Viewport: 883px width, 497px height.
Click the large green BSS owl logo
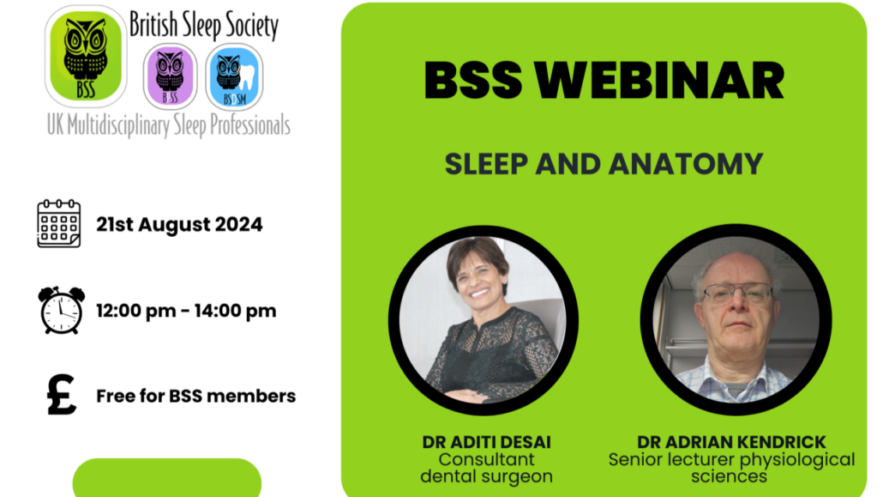pyautogui.click(x=86, y=57)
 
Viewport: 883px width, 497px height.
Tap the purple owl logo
pyautogui.click(x=170, y=76)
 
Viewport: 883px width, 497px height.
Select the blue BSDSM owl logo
pyautogui.click(x=234, y=76)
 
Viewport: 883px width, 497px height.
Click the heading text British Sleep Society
pyautogui.click(x=204, y=26)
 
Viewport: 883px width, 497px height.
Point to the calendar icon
pyautogui.click(x=59, y=223)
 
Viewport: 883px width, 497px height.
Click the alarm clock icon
pyautogui.click(x=61, y=310)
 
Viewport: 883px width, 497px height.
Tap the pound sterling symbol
pyautogui.click(x=61, y=395)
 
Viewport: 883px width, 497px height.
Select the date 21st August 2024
pyautogui.click(x=179, y=225)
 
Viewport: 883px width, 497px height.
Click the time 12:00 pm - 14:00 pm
pyautogui.click(x=186, y=311)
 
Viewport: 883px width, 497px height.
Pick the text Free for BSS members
pyautogui.click(x=196, y=396)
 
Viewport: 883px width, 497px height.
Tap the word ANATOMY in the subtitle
pyautogui.click(x=686, y=164)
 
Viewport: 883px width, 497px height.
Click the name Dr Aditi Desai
pyautogui.click(x=487, y=442)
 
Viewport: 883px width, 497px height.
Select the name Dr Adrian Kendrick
pyautogui.click(x=731, y=442)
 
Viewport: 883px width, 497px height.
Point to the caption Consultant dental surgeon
pyautogui.click(x=487, y=468)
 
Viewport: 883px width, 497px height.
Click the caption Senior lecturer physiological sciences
pyautogui.click(x=731, y=468)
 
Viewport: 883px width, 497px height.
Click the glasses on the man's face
pyautogui.click(x=737, y=294)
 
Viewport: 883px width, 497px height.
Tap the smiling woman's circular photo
pyautogui.click(x=484, y=320)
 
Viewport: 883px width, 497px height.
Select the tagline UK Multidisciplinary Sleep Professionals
pyautogui.click(x=168, y=125)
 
